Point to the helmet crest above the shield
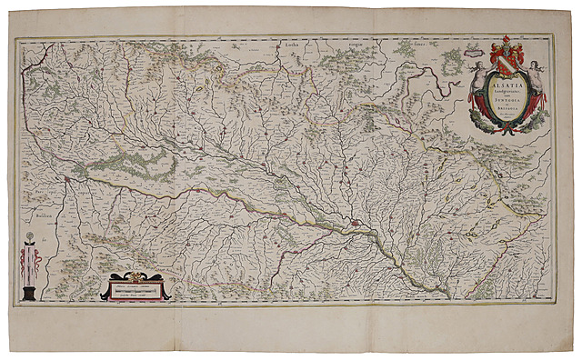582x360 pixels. pyautogui.click(x=505, y=42)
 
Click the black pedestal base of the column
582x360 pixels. pyautogui.click(x=33, y=293)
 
